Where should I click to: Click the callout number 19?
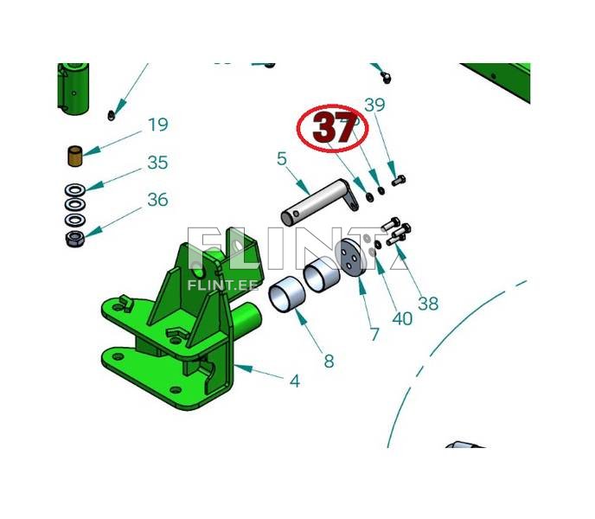point(158,125)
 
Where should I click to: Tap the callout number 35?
point(158,163)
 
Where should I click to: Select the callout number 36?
point(158,199)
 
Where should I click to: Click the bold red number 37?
point(333,127)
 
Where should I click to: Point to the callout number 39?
point(374,105)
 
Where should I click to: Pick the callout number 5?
point(282,158)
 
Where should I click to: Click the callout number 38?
point(428,304)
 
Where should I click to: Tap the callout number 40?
point(402,319)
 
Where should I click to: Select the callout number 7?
point(374,335)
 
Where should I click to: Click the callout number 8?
point(329,361)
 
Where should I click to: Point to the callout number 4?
point(295,381)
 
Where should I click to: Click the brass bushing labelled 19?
point(75,156)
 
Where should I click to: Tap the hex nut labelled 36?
point(74,239)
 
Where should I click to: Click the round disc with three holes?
point(350,258)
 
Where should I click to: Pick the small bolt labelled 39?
point(399,180)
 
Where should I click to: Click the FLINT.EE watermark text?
point(223,285)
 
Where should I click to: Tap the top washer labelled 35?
point(74,189)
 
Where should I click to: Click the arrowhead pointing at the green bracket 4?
point(244,368)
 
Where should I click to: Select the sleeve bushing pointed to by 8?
point(286,295)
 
